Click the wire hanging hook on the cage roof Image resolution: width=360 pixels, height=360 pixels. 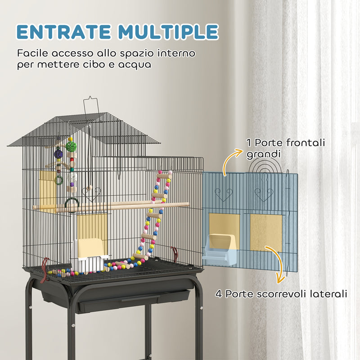pos(91,105)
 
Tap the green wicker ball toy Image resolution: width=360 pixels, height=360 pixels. pos(70,146)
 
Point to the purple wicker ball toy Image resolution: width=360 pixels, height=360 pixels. pos(58,154)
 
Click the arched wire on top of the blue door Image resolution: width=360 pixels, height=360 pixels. pos(265,166)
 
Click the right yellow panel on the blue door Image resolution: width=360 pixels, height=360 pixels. pos(265,232)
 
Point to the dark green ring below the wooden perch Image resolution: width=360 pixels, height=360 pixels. pos(72,206)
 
